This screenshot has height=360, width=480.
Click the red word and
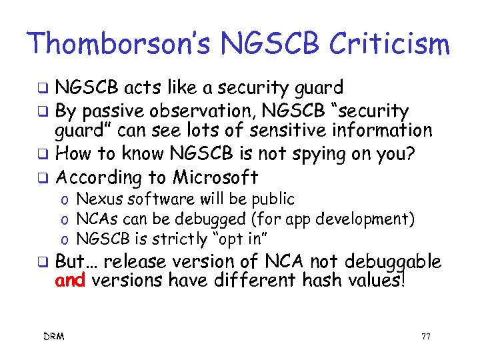pyautogui.click(x=71, y=281)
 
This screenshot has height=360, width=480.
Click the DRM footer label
pyautogui.click(x=55, y=337)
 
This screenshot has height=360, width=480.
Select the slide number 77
pyautogui.click(x=425, y=337)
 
